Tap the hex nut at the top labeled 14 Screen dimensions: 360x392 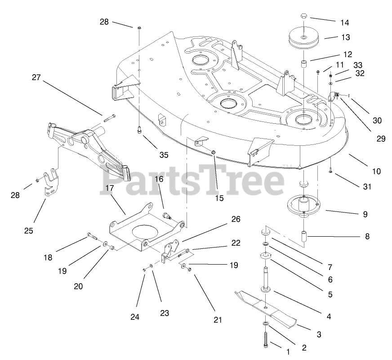[304, 17]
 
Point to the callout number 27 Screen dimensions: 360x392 [36, 77]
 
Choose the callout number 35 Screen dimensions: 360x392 [164, 155]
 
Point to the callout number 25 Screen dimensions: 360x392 [29, 231]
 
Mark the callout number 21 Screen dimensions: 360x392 [218, 320]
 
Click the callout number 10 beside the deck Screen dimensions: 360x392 [376, 171]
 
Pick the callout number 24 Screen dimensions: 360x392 [135, 317]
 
